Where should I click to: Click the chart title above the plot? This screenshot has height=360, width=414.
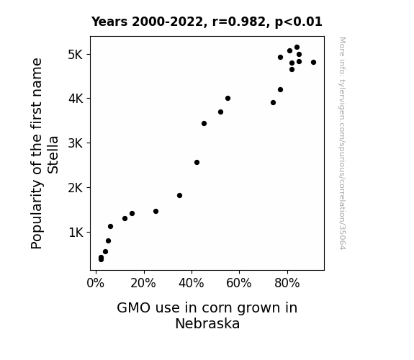[x=207, y=22]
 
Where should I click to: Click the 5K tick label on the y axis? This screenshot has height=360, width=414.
[x=76, y=55]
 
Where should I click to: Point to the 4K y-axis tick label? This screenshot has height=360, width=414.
[x=76, y=99]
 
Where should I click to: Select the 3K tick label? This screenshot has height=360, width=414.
[x=76, y=143]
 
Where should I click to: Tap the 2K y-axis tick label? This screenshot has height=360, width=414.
[x=76, y=188]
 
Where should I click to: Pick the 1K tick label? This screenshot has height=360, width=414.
[x=76, y=233]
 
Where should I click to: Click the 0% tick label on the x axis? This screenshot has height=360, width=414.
[x=96, y=283]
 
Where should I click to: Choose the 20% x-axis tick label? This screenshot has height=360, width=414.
[x=143, y=283]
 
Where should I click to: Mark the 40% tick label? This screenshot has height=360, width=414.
[x=191, y=283]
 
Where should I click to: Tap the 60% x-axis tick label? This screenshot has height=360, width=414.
[x=239, y=283]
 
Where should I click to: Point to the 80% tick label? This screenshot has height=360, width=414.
[x=287, y=283]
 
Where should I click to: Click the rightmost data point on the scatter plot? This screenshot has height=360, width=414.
[x=313, y=63]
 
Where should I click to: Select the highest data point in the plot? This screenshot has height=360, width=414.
[x=297, y=48]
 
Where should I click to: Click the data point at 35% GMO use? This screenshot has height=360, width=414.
[x=179, y=195]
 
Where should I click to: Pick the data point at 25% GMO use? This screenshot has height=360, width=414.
[x=156, y=211]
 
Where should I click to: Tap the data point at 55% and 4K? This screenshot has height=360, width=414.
[x=228, y=98]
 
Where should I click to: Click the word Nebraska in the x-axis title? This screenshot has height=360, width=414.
[x=207, y=323]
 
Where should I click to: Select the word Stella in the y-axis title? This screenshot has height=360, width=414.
[x=53, y=155]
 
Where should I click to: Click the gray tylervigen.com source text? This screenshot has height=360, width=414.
[x=342, y=143]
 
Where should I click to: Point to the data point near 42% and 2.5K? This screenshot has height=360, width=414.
[x=197, y=163]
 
